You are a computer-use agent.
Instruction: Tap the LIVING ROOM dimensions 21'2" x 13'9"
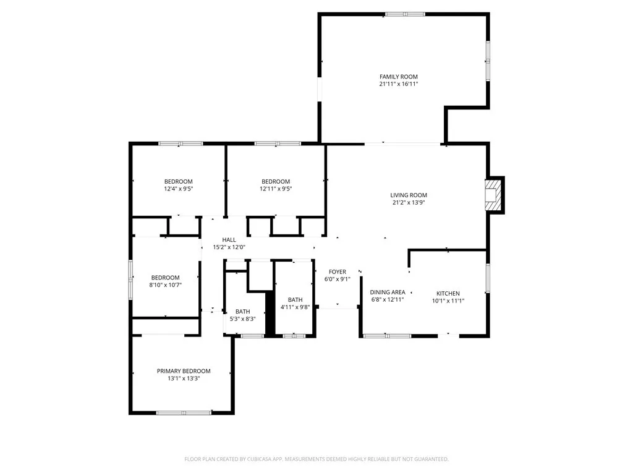click(x=409, y=202)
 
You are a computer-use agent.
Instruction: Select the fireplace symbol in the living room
click(x=493, y=195)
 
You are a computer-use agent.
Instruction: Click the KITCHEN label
click(x=448, y=293)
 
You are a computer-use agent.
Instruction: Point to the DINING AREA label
click(x=388, y=292)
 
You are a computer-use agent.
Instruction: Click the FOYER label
click(x=337, y=272)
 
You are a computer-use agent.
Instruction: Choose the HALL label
click(x=229, y=240)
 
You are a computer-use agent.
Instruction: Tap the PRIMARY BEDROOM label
click(x=184, y=371)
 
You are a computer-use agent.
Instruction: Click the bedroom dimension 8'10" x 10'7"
click(x=166, y=285)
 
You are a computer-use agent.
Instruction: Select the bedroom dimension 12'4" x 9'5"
click(x=179, y=189)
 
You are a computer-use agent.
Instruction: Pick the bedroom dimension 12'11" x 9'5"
click(x=276, y=189)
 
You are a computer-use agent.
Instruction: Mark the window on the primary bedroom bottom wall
click(x=184, y=413)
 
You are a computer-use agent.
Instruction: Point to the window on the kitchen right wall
click(x=488, y=278)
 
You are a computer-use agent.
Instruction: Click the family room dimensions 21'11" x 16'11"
click(x=399, y=84)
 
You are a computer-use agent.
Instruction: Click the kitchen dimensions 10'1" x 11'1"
click(x=448, y=301)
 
